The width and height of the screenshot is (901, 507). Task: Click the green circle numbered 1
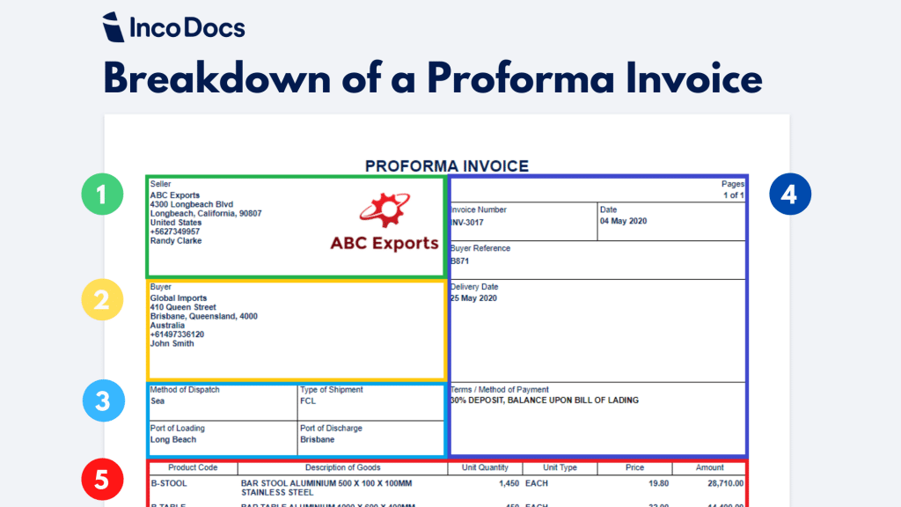coord(102,195)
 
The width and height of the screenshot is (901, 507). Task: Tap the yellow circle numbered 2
coord(102,299)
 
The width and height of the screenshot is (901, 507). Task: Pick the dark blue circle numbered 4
coord(788,195)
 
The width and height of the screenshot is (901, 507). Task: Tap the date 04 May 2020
coord(623,221)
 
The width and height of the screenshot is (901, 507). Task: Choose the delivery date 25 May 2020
coord(474,298)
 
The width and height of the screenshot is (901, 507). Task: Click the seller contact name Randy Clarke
coord(176,241)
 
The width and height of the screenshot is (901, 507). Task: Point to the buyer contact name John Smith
coord(172,344)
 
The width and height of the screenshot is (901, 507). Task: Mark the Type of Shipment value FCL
coord(308,400)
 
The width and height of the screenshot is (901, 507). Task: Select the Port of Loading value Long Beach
coord(173,439)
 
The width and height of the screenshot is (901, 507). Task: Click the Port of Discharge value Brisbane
coord(317,439)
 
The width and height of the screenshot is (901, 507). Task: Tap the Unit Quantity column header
coord(485,467)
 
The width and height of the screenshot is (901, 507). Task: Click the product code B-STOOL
coord(169,483)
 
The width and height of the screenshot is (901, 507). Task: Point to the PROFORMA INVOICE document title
coord(447,165)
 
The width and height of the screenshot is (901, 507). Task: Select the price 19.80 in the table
coord(658,483)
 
